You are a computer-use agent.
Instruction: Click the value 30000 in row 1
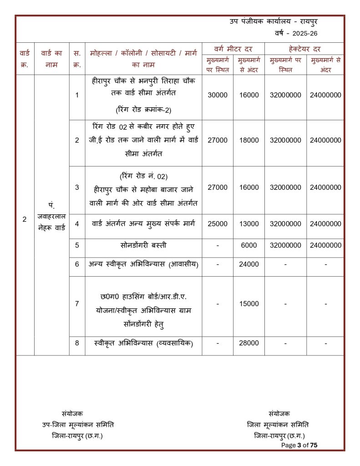click(x=217, y=95)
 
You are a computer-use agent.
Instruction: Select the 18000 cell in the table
click(x=249, y=141)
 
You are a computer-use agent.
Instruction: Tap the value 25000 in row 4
click(x=217, y=224)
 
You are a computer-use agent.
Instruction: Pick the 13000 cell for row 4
click(x=249, y=224)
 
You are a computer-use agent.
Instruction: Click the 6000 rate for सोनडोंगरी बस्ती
click(x=249, y=245)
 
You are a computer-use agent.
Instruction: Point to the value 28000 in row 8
click(x=249, y=344)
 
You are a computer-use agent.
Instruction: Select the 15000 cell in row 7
click(x=249, y=304)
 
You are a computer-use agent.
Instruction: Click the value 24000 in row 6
click(x=249, y=264)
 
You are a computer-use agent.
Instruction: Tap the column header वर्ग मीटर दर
click(x=233, y=49)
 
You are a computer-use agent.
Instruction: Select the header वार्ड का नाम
click(x=51, y=59)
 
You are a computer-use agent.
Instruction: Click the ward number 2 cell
click(x=25, y=219)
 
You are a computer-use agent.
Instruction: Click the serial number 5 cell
click(x=77, y=245)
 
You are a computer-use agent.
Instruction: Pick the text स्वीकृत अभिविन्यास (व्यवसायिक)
click(x=143, y=344)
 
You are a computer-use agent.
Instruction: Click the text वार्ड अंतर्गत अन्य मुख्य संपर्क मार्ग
click(x=143, y=224)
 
